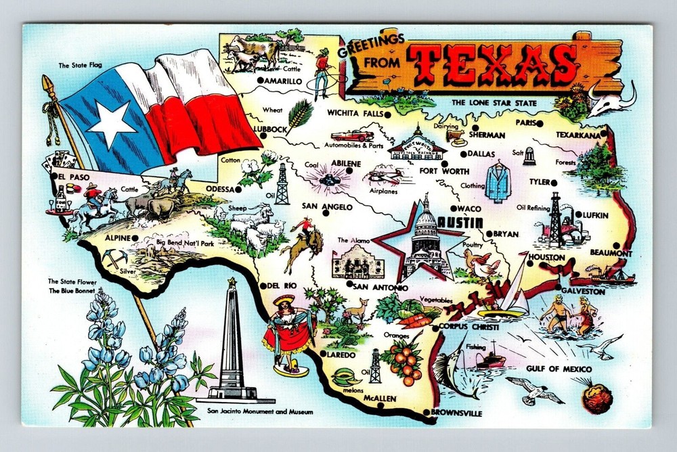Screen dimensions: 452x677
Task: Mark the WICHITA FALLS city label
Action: [x=354, y=113]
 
